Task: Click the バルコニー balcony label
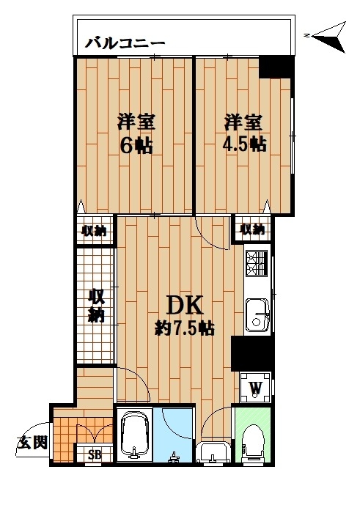125,43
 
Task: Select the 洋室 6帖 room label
136,133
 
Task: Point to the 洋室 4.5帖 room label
244,132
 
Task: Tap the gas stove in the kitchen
257,263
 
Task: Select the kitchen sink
257,314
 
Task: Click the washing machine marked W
256,388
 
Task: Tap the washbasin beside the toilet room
213,452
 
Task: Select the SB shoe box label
95,454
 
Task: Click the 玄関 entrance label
32,443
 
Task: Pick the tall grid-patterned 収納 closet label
96,306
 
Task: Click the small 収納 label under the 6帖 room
94,231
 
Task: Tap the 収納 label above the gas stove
252,229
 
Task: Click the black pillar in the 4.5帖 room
277,67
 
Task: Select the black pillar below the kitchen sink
253,353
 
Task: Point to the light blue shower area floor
173,435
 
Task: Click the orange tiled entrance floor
65,439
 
